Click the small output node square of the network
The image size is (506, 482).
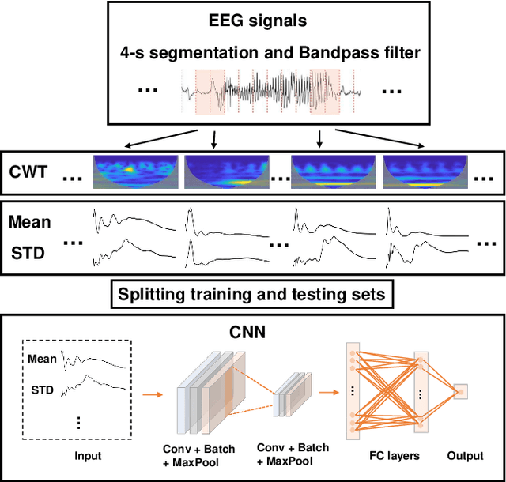[x=461, y=391]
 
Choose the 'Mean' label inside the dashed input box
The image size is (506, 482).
[x=42, y=359]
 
